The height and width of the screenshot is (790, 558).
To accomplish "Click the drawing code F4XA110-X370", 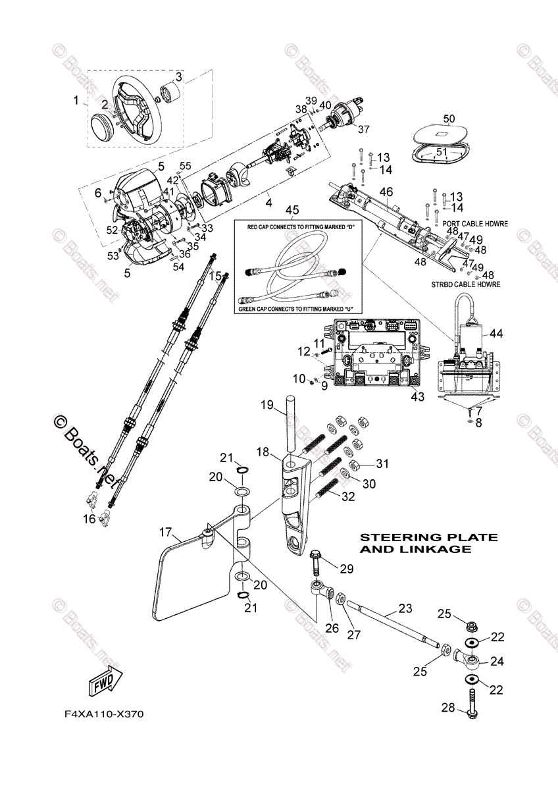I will tap(103, 714).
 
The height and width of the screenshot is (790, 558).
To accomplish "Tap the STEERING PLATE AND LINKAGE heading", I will tap(428, 542).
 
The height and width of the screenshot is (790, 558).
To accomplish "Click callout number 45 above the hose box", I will tap(292, 210).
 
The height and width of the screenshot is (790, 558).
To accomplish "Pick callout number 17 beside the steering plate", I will tap(165, 531).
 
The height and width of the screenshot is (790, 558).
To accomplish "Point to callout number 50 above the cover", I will tap(448, 118).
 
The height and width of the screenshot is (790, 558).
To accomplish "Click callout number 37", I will tap(364, 128).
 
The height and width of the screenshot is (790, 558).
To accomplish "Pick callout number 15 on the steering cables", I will tap(215, 277).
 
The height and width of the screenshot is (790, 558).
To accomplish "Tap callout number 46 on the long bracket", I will tap(386, 192).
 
